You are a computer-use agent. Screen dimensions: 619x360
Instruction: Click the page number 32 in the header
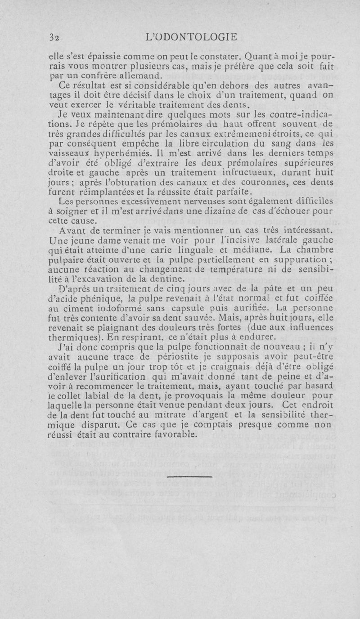tap(54, 37)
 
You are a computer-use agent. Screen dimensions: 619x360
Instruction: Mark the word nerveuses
tap(160, 201)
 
